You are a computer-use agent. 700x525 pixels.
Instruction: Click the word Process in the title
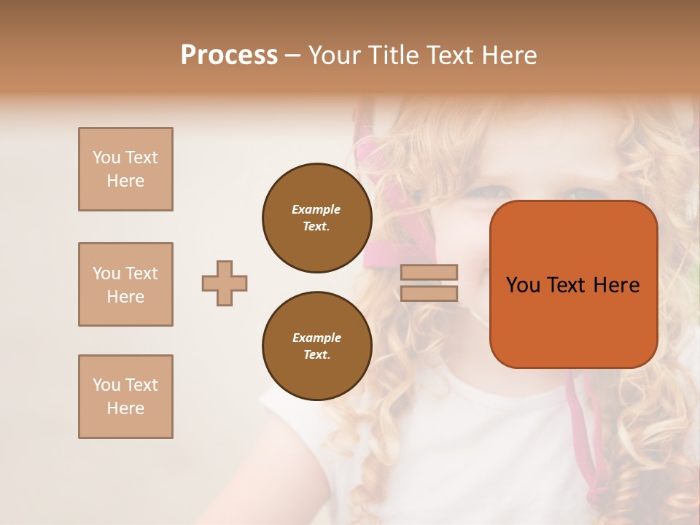pos(229,55)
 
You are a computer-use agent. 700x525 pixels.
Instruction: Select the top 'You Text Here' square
pos(125,169)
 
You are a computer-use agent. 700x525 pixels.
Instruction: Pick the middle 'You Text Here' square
pos(125,284)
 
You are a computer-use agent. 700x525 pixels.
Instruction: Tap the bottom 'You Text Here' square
pos(125,397)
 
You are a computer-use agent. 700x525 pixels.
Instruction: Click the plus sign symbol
pos(225,283)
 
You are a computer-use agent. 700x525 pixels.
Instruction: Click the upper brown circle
pos(316,218)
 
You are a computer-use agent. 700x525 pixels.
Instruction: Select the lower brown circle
pos(316,346)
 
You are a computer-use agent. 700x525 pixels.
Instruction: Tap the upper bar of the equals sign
pos(429,273)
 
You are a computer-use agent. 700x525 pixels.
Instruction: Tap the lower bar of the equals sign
pos(429,293)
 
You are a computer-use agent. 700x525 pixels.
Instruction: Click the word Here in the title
pos(510,55)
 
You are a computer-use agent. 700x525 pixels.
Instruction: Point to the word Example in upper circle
pos(316,209)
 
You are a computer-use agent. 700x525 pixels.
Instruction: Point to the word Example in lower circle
pos(316,338)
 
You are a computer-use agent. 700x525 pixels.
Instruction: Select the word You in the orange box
pos(523,285)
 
